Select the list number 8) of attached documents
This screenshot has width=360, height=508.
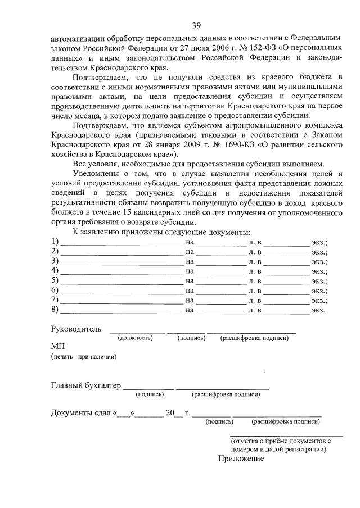coord(55,309)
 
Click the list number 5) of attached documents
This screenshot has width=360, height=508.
coord(55,280)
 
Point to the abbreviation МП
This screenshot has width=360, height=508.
coord(58,347)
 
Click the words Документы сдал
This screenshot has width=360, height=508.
coord(82,414)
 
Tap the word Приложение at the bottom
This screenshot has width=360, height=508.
coord(241,459)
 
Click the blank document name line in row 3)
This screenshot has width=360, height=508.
coord(121,261)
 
